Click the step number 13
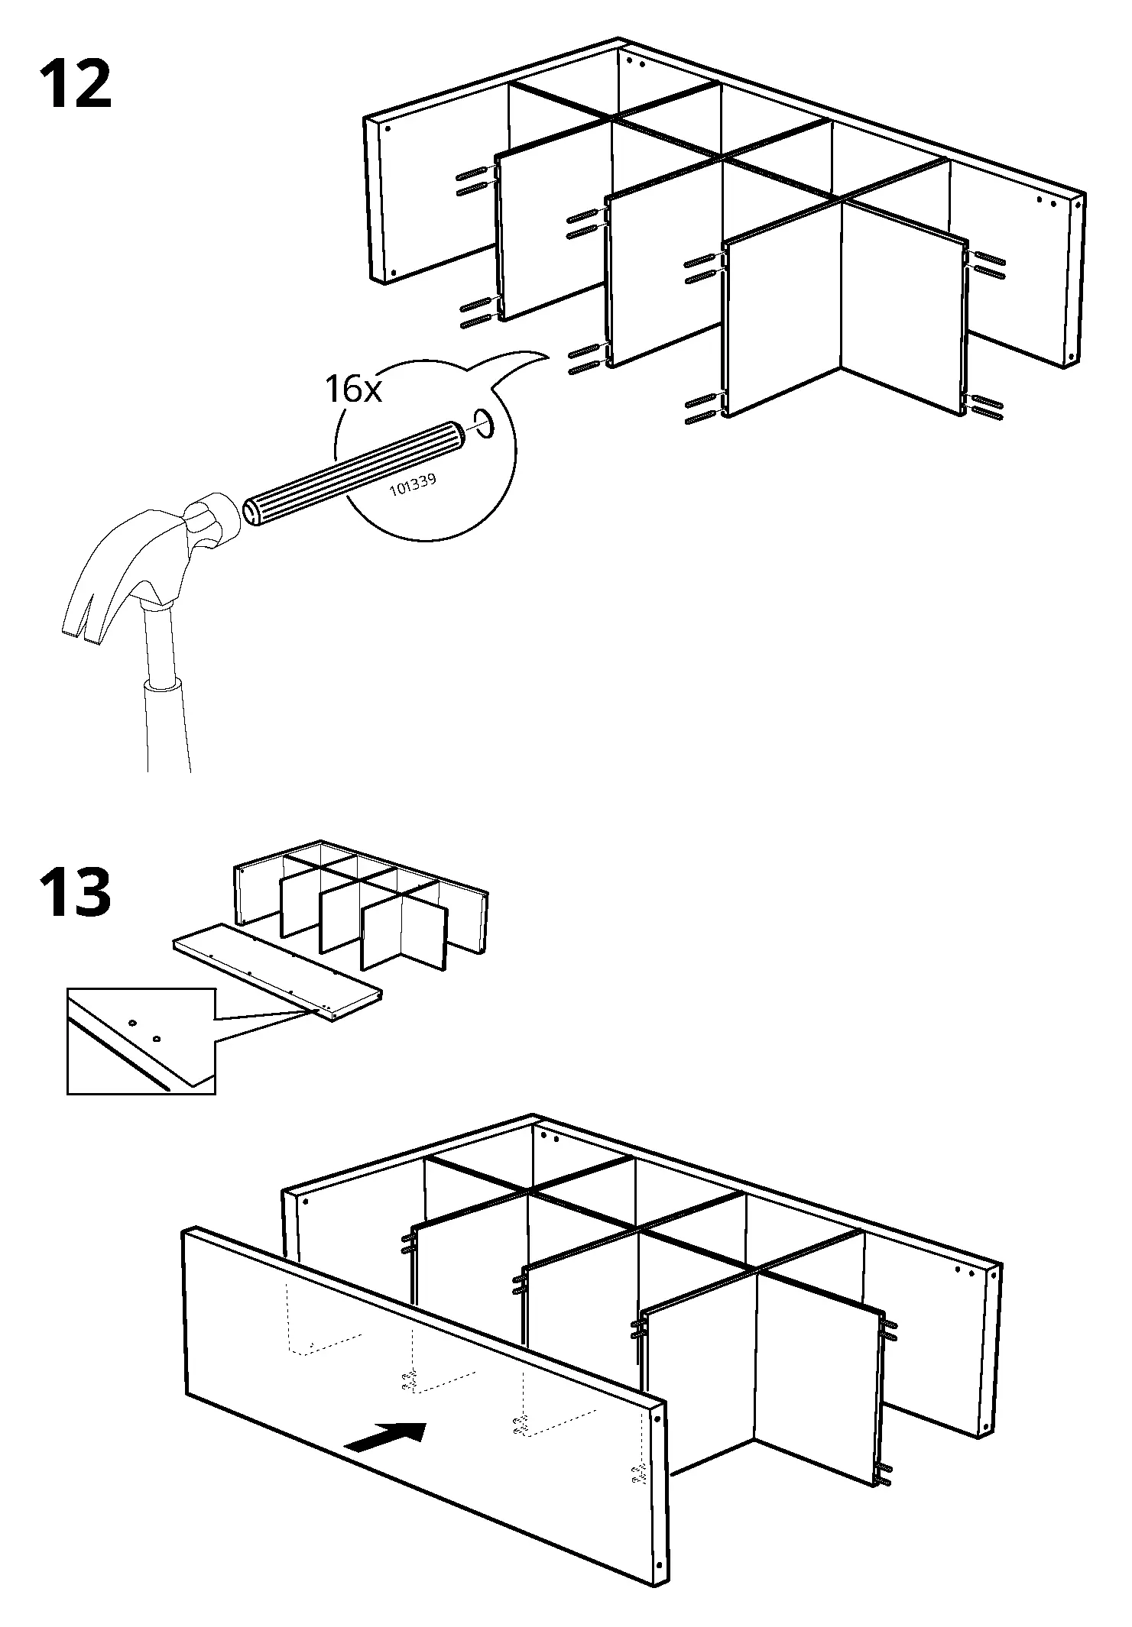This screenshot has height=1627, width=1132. click(x=75, y=892)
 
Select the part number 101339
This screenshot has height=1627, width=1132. click(x=412, y=485)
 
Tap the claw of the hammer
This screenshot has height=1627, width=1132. click(x=84, y=603)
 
